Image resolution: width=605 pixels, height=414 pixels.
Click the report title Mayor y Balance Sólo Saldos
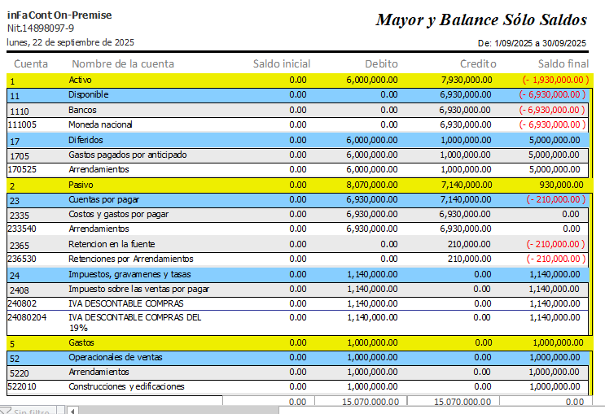481,20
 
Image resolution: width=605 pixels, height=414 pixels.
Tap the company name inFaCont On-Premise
59,15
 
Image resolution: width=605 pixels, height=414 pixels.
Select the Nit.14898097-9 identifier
40,28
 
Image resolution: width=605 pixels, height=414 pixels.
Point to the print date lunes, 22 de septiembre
71,42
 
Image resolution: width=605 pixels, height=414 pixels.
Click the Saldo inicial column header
281,63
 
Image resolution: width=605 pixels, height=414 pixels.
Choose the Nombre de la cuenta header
123,63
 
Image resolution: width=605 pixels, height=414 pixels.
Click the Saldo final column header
563,63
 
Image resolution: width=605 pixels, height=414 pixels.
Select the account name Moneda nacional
100,125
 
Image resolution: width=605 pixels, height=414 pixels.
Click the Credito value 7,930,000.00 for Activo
466,80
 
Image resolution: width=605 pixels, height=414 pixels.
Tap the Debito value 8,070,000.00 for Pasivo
371,185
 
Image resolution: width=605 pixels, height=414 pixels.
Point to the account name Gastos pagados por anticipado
128,155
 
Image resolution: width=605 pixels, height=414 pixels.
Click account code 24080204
27,318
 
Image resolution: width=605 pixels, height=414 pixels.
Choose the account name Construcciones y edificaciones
126,386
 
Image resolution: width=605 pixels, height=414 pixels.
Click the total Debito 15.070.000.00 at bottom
370,402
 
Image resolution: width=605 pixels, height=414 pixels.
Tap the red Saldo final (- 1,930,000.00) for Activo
555,80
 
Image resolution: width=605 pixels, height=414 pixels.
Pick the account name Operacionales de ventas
115,357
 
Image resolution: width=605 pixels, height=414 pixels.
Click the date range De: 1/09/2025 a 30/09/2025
532,43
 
